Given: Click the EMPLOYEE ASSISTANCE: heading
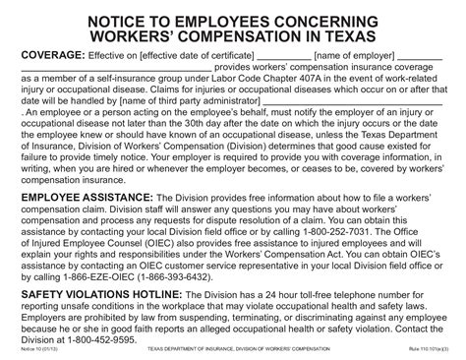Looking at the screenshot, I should tap(88, 198).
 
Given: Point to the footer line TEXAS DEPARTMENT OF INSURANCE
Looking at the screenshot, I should tap(196, 351).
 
